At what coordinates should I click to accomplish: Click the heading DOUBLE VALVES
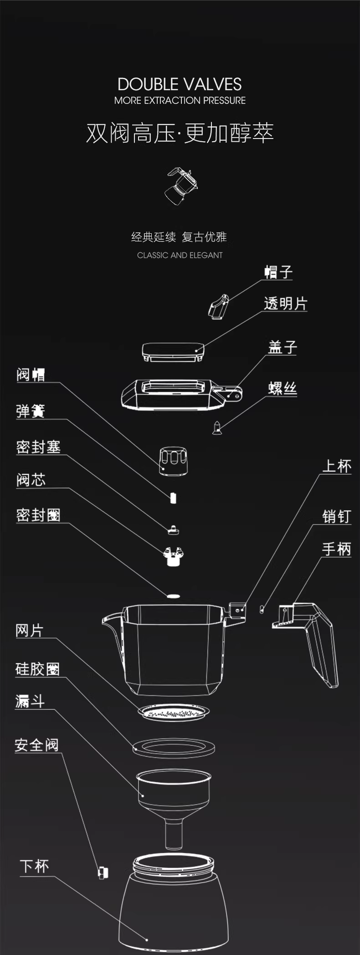(x=180, y=84)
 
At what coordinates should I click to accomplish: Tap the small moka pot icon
(x=181, y=185)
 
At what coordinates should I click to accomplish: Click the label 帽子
(x=278, y=272)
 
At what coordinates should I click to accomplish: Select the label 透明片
(x=286, y=303)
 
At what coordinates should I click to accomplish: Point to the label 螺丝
(x=283, y=388)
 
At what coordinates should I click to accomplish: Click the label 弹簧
(x=31, y=411)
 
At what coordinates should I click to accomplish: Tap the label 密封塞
(x=38, y=447)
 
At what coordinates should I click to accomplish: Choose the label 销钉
(x=336, y=516)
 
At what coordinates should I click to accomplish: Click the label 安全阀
(x=36, y=745)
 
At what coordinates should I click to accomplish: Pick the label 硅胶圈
(x=37, y=669)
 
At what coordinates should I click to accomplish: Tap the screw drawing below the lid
(x=218, y=427)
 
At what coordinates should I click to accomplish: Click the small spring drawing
(x=173, y=498)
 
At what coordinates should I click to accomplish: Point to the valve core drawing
(x=174, y=556)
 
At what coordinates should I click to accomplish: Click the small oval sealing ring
(x=173, y=596)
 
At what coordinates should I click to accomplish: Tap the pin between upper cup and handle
(x=262, y=609)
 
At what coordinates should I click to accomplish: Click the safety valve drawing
(x=103, y=873)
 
